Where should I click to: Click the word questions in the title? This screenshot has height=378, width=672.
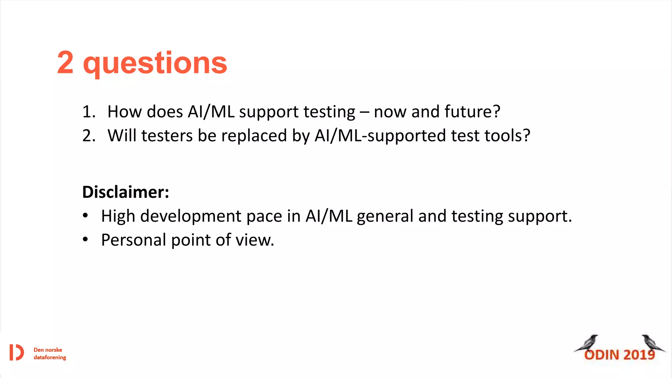click(x=155, y=64)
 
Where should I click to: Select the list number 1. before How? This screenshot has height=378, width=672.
click(x=89, y=112)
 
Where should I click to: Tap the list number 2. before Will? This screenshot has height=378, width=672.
click(x=89, y=136)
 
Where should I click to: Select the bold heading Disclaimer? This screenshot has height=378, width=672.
click(x=126, y=192)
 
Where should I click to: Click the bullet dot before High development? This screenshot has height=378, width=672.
click(x=85, y=216)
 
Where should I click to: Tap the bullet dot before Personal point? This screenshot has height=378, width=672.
click(x=85, y=240)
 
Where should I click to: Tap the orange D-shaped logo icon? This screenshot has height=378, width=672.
click(x=16, y=352)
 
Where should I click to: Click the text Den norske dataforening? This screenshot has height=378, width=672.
click(x=50, y=354)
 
